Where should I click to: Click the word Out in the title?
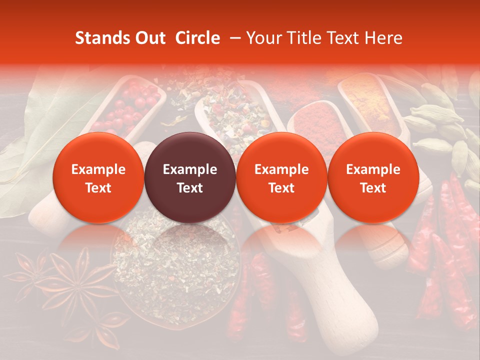[148, 38]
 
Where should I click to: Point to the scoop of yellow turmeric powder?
[367, 102]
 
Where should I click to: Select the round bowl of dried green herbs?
[175, 265]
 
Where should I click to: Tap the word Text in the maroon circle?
[190, 188]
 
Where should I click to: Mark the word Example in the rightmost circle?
[373, 169]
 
